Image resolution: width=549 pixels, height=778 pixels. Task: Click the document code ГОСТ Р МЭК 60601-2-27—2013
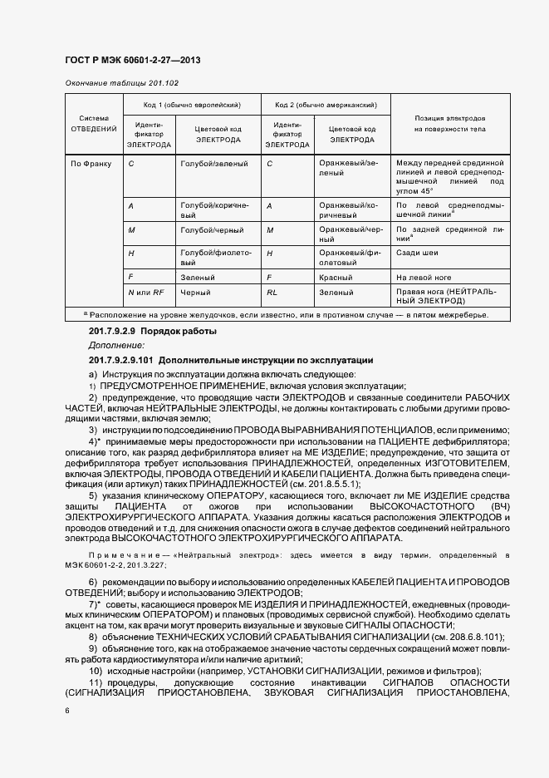point(133,62)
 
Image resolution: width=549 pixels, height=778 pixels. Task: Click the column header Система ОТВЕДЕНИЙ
point(93,124)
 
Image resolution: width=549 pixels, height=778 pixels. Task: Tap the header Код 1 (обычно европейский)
point(193,106)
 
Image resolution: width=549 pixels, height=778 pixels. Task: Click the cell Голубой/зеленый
point(213,164)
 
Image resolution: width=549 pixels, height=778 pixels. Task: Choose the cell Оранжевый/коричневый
point(350,209)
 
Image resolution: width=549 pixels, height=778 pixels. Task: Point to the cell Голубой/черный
point(210,229)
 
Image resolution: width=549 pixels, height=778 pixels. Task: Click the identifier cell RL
point(272,293)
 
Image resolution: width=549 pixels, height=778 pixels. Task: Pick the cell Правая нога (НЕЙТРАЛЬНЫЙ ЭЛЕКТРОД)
point(449,298)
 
